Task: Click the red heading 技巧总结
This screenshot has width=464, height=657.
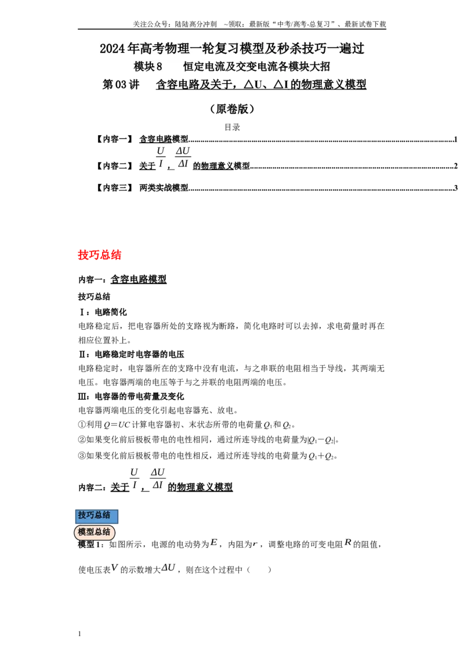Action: (x=100, y=255)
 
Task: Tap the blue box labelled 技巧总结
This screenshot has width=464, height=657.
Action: (x=96, y=516)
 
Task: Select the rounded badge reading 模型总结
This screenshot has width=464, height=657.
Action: (x=94, y=532)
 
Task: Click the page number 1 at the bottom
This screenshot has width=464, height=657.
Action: (x=79, y=634)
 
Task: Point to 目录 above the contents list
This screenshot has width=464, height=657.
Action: (x=233, y=127)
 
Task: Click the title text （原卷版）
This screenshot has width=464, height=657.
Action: (x=233, y=109)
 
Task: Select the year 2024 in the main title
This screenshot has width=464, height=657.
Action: (x=113, y=49)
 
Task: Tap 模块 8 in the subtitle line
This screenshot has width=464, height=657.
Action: (x=148, y=66)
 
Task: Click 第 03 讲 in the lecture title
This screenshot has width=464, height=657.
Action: (x=121, y=85)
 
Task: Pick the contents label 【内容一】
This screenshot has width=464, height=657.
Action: (x=114, y=139)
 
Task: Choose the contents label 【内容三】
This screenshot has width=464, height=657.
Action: (x=114, y=187)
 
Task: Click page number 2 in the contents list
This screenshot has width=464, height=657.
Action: (x=456, y=166)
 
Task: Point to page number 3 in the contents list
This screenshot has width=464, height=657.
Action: (x=456, y=187)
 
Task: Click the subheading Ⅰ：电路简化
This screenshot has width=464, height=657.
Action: (x=103, y=312)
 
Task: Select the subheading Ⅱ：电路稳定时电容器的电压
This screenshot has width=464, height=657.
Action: (x=131, y=355)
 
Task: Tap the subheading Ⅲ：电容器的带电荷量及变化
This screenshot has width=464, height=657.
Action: (x=131, y=396)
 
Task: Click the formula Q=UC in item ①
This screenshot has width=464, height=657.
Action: (x=117, y=425)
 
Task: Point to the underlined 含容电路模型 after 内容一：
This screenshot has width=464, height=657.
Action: (x=139, y=279)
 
